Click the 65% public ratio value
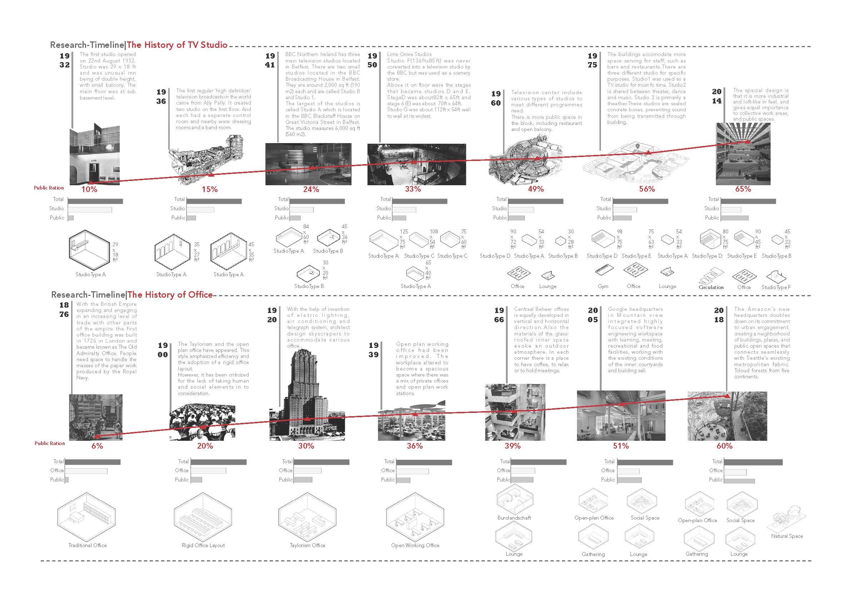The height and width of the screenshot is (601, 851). coord(743,189)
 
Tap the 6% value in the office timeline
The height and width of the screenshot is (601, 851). coord(97,446)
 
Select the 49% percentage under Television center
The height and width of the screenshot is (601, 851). coord(536,189)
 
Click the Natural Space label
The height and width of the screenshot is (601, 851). coord(787,536)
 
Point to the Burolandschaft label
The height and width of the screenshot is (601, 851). coord(514,518)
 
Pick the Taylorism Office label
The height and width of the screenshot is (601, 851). coord(307,545)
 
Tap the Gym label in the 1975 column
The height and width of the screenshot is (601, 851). coord(603,286)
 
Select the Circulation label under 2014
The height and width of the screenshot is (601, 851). coord(711,287)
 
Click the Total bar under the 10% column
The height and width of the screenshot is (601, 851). coord(95,201)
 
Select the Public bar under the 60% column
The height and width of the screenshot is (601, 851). coord(739,481)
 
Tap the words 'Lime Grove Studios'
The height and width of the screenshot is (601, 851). coord(409,55)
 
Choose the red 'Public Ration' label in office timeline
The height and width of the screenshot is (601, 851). coord(50,443)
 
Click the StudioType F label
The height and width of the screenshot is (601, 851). coord(776,287)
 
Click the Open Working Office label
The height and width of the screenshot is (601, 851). coord(415,545)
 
